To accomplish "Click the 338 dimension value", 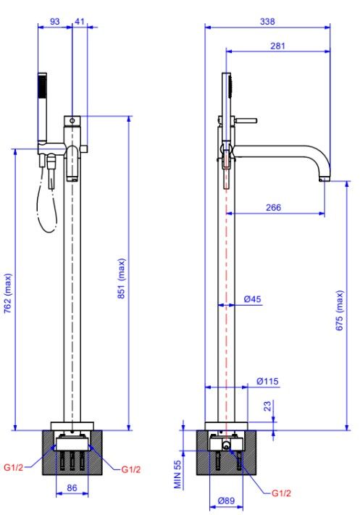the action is click(x=267, y=21).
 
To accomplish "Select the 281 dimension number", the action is click(x=277, y=46).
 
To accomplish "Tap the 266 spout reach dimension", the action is click(x=273, y=207).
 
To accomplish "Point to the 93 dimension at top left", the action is click(x=54, y=21).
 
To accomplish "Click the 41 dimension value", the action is click(x=80, y=21).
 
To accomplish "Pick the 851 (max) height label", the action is click(x=122, y=278).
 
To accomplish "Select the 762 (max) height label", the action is click(x=8, y=293).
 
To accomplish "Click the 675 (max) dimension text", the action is click(x=340, y=310).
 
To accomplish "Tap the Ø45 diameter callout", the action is click(x=252, y=299).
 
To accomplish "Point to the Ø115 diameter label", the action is click(x=267, y=381).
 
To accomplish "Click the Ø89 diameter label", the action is click(x=226, y=501).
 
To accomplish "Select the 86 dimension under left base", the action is click(x=72, y=487).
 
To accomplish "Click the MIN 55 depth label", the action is click(x=177, y=474).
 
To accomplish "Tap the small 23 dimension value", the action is click(x=268, y=406).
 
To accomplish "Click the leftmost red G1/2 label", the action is click(x=14, y=467).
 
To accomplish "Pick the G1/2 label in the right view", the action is click(x=281, y=493).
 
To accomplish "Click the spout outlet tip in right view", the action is click(x=325, y=180).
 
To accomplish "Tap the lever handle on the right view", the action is click(x=246, y=120).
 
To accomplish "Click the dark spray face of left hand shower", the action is click(x=42, y=86).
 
